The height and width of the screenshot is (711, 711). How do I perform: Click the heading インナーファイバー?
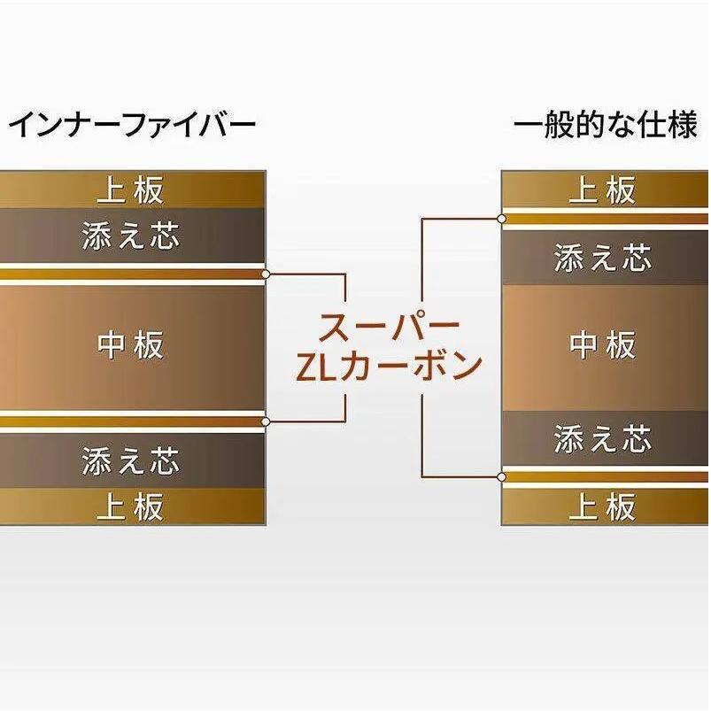click(132, 125)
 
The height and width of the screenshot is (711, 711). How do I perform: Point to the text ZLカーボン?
click(389, 365)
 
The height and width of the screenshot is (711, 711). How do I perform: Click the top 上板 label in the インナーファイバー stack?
click(131, 189)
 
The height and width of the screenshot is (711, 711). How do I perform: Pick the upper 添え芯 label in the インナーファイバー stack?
click(131, 236)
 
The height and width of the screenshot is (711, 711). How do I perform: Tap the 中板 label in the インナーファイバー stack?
click(131, 344)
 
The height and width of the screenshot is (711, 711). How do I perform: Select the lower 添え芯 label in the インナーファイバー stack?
click(131, 460)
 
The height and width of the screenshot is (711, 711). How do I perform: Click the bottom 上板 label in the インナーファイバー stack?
click(131, 507)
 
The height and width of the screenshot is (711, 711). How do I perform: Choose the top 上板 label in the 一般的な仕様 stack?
click(603, 189)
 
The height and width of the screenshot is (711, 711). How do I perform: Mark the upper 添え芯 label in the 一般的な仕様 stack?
click(603, 259)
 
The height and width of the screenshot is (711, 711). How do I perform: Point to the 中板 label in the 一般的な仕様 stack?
click(603, 344)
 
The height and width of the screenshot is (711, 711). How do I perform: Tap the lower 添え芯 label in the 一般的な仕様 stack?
click(603, 438)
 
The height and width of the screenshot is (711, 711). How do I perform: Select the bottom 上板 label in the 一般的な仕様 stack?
click(603, 507)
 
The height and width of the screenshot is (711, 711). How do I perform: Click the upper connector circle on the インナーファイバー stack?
click(266, 274)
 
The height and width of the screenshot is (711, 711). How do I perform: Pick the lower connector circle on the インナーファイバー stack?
click(266, 421)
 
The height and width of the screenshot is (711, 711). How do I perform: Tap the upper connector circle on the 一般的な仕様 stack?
click(502, 218)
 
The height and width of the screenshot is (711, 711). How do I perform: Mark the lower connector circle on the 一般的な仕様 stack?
click(502, 477)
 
